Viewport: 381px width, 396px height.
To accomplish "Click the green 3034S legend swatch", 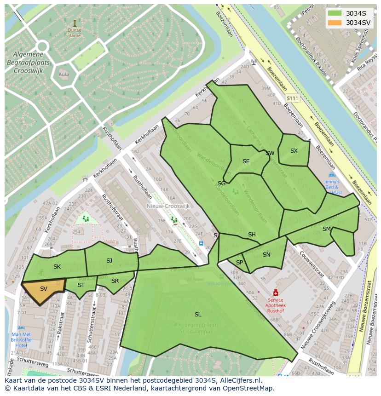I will pyautogui.click(x=334, y=13).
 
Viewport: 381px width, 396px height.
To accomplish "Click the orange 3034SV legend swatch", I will pyautogui.click(x=334, y=23).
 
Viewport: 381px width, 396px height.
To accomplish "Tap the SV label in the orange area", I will pyautogui.click(x=44, y=289).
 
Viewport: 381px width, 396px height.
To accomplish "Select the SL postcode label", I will pyautogui.click(x=198, y=315).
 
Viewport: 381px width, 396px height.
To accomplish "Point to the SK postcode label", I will pyautogui.click(x=57, y=267).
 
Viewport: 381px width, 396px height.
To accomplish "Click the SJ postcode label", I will pyautogui.click(x=109, y=261).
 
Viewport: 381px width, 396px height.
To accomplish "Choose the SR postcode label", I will pyautogui.click(x=115, y=281).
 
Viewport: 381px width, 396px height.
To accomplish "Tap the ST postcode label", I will pyautogui.click(x=81, y=285).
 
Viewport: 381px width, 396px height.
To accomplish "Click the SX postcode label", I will pyautogui.click(x=294, y=151).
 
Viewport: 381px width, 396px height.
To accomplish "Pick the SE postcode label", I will pyautogui.click(x=246, y=161).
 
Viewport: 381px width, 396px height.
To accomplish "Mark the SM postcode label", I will pyautogui.click(x=327, y=229).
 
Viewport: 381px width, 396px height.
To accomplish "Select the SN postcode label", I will pyautogui.click(x=266, y=255).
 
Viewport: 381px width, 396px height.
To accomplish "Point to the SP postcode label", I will pyautogui.click(x=239, y=263).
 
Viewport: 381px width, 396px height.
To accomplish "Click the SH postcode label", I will pyautogui.click(x=252, y=235).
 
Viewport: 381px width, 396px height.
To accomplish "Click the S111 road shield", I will pyautogui.click(x=292, y=98).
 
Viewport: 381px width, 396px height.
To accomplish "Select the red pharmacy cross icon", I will pyautogui.click(x=276, y=293).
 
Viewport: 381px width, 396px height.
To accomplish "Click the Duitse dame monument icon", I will pyautogui.click(x=75, y=23).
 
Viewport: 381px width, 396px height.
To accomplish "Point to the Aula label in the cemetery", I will pyautogui.click(x=64, y=75).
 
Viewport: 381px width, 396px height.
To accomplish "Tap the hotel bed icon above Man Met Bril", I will pyautogui.click(x=21, y=328).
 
